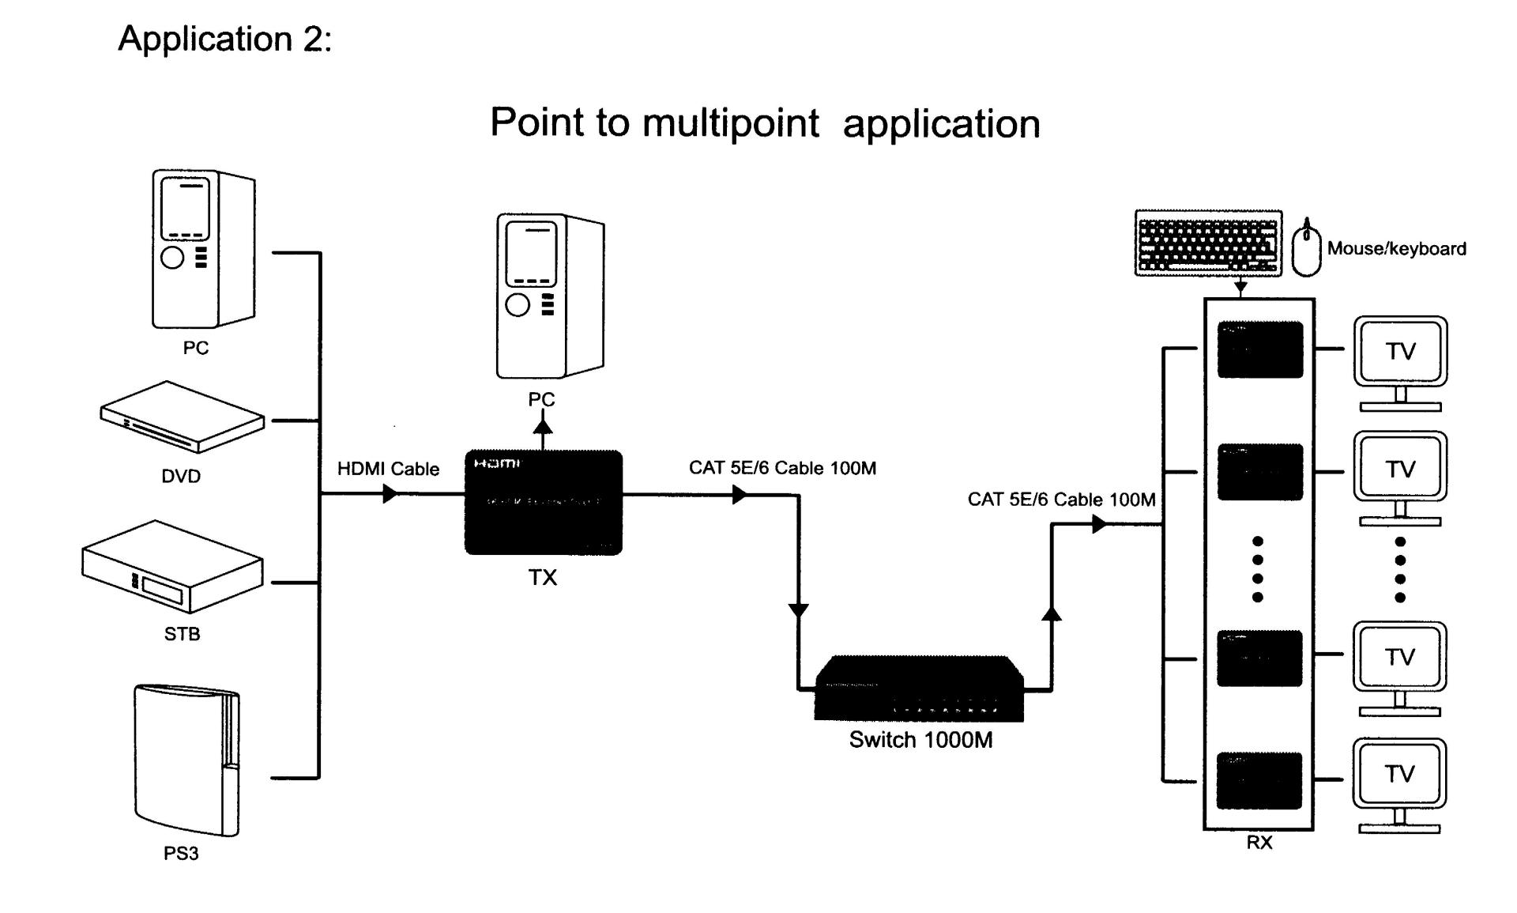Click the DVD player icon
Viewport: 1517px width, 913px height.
point(182,417)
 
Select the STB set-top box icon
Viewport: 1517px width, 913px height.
point(172,566)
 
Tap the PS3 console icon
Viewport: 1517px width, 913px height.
point(186,760)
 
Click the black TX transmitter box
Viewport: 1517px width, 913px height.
point(544,503)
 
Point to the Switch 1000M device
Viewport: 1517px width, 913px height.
point(919,689)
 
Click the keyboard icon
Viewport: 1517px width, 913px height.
point(1208,243)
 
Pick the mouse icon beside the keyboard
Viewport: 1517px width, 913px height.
point(1306,248)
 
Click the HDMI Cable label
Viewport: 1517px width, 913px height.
point(388,469)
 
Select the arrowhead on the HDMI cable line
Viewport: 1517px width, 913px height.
point(390,495)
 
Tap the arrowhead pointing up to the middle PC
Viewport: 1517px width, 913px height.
point(543,425)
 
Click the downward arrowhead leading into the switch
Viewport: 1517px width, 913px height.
point(799,610)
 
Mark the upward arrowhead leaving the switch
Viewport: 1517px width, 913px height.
point(1052,613)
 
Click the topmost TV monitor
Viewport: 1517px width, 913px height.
point(1400,353)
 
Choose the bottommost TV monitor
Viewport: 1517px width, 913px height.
point(1399,775)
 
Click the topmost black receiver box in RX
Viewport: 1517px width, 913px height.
point(1259,349)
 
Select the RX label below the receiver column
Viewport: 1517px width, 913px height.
point(1259,843)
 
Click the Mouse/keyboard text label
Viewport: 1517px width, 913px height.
point(1396,249)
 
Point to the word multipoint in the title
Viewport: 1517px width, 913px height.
point(731,123)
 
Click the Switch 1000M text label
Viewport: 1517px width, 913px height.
point(920,740)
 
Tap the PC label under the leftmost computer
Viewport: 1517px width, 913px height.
point(196,348)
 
